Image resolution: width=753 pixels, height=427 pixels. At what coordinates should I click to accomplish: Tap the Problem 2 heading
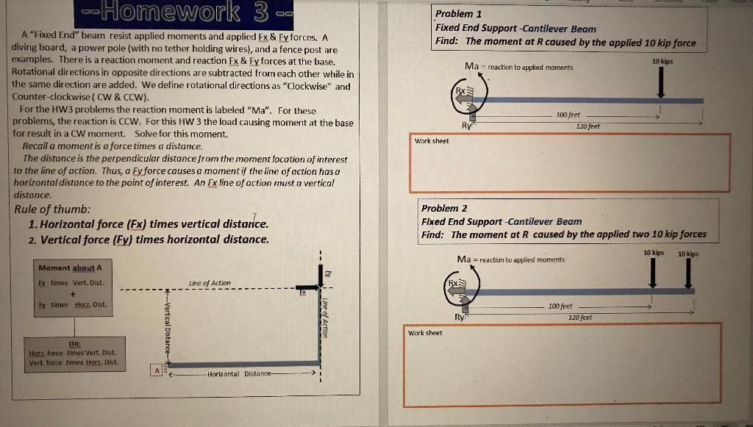pyautogui.click(x=444, y=208)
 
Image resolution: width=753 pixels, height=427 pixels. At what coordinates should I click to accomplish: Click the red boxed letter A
pyautogui.click(x=156, y=371)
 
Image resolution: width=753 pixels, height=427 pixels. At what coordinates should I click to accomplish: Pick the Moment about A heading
pyautogui.click(x=71, y=268)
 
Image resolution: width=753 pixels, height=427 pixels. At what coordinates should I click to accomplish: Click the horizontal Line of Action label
pyautogui.click(x=210, y=283)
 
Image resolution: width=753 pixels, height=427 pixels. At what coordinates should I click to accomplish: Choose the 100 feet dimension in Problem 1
pyautogui.click(x=568, y=115)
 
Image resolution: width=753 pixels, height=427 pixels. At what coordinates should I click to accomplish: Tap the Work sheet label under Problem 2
pyautogui.click(x=425, y=333)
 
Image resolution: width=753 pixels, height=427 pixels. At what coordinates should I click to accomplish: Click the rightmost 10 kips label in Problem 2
pyautogui.click(x=688, y=254)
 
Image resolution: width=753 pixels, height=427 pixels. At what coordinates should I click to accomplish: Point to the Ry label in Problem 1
pyautogui.click(x=465, y=126)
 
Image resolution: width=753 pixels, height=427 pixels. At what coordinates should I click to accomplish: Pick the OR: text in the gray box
pyautogui.click(x=74, y=342)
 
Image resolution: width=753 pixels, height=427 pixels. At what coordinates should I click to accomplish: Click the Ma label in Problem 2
pyautogui.click(x=464, y=259)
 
